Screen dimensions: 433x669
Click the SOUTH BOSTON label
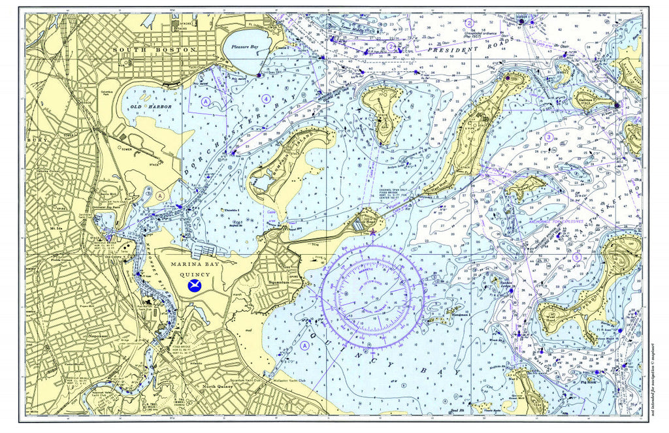click(x=154, y=50)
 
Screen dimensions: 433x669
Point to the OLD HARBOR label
click(x=146, y=106)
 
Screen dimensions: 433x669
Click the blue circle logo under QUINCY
click(x=194, y=285)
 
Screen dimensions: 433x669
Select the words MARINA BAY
click(x=193, y=265)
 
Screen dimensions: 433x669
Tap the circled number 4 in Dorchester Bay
click(x=266, y=98)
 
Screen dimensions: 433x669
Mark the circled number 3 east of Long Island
click(x=549, y=137)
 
